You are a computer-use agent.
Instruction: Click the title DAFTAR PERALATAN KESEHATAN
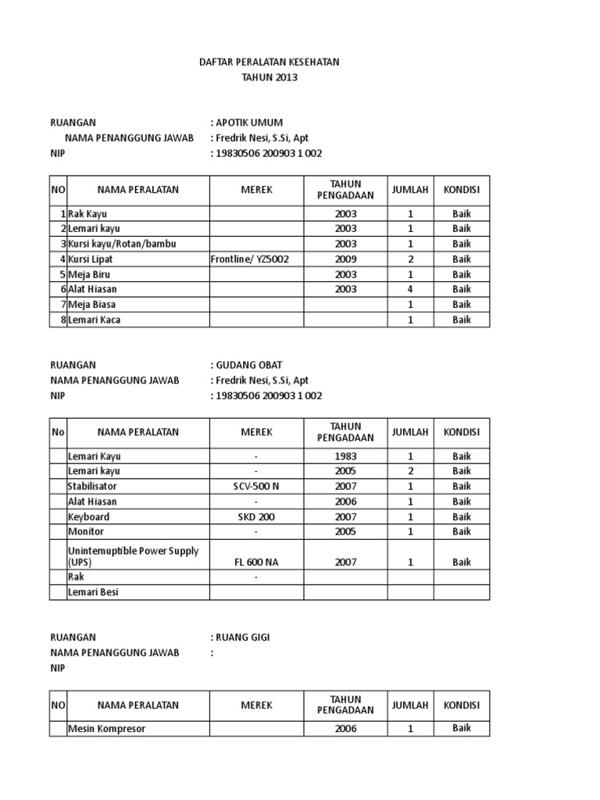[270, 62]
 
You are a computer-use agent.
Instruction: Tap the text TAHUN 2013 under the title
[270, 77]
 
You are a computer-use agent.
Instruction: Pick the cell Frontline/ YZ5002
[245, 259]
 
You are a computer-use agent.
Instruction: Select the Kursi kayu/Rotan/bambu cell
[122, 244]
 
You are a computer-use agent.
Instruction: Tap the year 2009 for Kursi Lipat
[345, 259]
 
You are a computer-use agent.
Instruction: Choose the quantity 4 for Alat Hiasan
[410, 289]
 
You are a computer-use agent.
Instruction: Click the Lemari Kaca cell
[95, 320]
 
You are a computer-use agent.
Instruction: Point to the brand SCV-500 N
[256, 487]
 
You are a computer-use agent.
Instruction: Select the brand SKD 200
[256, 517]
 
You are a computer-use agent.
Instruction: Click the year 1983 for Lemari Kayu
[345, 456]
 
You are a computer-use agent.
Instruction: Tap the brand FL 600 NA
[256, 562]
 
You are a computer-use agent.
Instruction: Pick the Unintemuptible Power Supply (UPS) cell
[133, 556]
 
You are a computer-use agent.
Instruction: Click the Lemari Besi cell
[93, 592]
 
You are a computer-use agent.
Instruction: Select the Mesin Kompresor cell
[106, 729]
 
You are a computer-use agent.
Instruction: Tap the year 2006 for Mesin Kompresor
[345, 729]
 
